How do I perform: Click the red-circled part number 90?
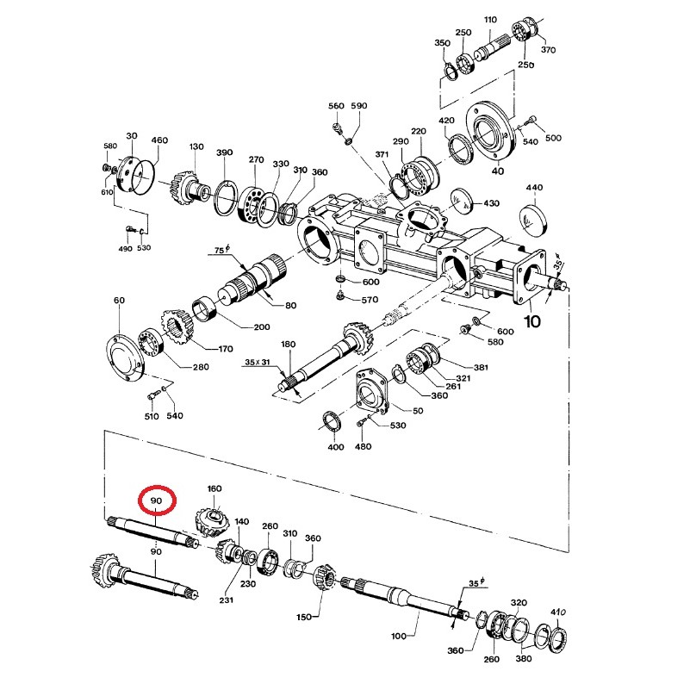(156, 500)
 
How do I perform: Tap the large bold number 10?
(532, 321)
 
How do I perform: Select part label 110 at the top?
(490, 19)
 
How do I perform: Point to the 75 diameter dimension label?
(222, 250)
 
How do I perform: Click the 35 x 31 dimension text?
(258, 362)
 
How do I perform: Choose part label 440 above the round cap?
(534, 188)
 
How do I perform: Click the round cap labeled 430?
(461, 202)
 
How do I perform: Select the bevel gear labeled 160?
(212, 521)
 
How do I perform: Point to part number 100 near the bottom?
(399, 636)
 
